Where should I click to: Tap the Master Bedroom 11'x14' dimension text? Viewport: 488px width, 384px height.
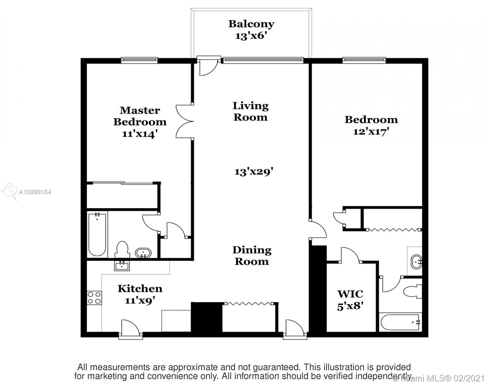(x=140, y=134)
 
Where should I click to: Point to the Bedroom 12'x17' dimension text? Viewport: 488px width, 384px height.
(x=371, y=132)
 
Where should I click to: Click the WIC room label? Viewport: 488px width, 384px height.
(x=350, y=294)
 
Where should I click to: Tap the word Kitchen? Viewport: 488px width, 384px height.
(x=140, y=289)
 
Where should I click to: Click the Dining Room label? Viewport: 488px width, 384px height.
(x=252, y=256)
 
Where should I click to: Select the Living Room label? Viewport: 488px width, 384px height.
(x=251, y=112)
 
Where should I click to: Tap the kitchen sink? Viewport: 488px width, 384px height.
(x=122, y=266)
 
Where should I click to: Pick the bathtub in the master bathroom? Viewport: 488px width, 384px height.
(x=97, y=234)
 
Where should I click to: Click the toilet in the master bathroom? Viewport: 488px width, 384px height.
(x=122, y=249)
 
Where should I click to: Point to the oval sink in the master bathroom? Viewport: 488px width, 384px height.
(x=143, y=253)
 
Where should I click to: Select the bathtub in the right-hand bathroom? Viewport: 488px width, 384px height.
(x=400, y=322)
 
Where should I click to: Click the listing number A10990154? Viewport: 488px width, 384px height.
(x=35, y=192)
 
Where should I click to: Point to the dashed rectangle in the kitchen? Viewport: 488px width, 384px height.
(x=176, y=321)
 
